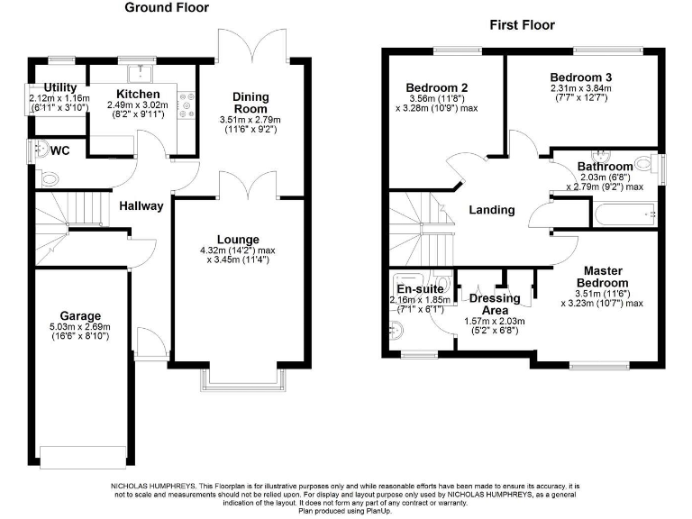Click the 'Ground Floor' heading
[x=166, y=8]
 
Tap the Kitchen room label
[x=138, y=94]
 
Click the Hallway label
[x=141, y=205]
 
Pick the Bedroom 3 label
[x=580, y=77]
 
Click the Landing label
[x=492, y=210]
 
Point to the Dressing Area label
[x=495, y=304]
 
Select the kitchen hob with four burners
[x=187, y=105]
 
